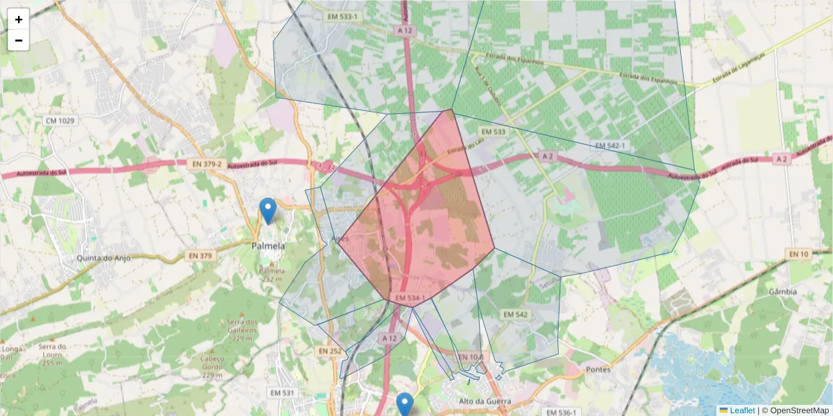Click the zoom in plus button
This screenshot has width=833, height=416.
pyautogui.click(x=19, y=19)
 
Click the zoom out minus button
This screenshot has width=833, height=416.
pyautogui.click(x=19, y=40)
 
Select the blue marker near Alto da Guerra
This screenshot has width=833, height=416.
pyautogui.click(x=404, y=404)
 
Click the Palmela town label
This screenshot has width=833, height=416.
pyautogui.click(x=268, y=246)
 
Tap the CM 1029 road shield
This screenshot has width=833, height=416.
pyautogui.click(x=60, y=121)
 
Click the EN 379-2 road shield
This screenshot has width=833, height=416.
pyautogui.click(x=205, y=164)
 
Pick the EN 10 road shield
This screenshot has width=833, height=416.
pyautogui.click(x=799, y=254)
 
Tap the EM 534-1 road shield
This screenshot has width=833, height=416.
pyautogui.click(x=410, y=298)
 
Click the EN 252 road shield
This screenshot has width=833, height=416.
pyautogui.click(x=330, y=352)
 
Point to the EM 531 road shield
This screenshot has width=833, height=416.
pyautogui.click(x=282, y=393)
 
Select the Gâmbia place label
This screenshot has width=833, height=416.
pyautogui.click(x=782, y=292)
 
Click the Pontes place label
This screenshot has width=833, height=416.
pyautogui.click(x=598, y=370)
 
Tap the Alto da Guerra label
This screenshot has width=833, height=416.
pyautogui.click(x=485, y=401)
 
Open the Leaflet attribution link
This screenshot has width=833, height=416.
pyautogui.click(x=741, y=410)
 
